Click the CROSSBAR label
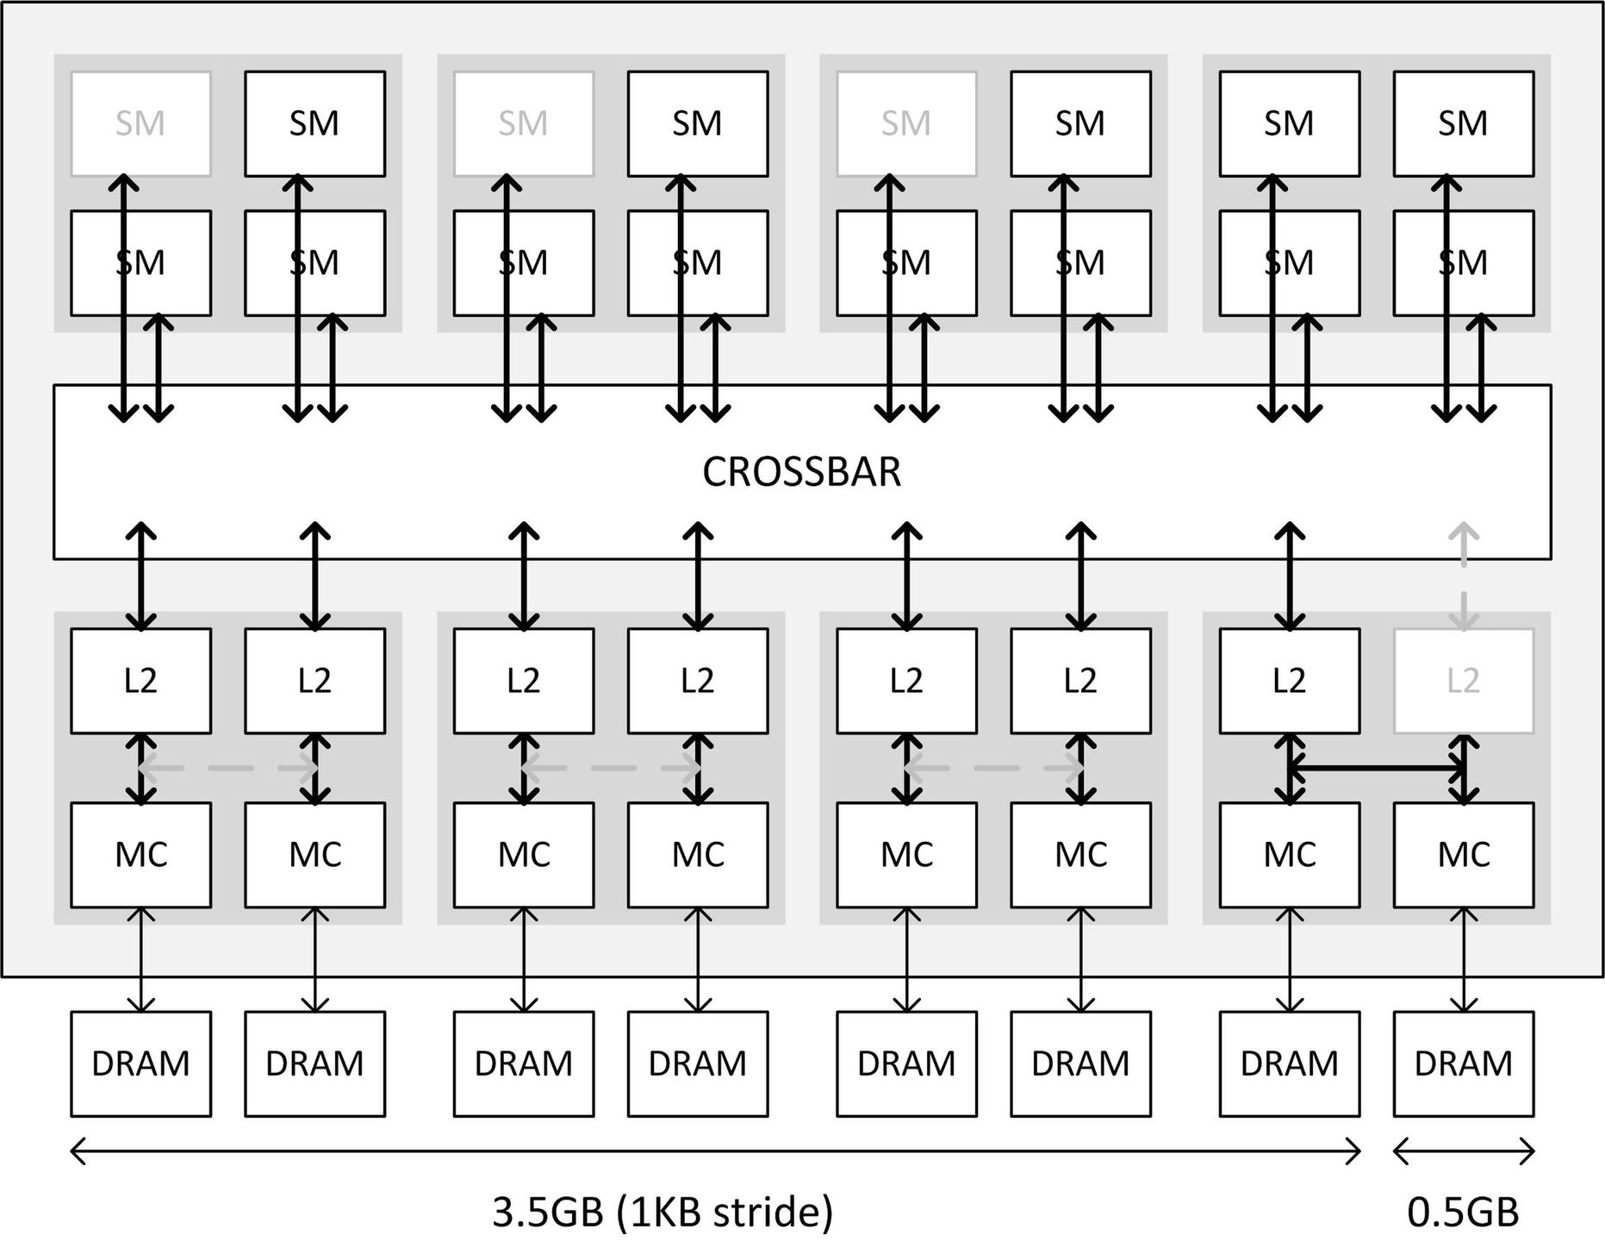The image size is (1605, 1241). click(801, 472)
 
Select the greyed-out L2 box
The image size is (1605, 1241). click(1463, 681)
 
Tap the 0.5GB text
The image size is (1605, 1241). click(1463, 1213)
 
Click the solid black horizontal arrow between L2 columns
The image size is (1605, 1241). click(1377, 767)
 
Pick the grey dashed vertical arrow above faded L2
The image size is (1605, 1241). click(1464, 576)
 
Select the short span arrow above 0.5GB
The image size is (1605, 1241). click(1463, 1151)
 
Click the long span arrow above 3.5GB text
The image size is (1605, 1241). click(715, 1151)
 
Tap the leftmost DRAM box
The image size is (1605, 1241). click(140, 1063)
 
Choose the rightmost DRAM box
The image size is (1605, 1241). click(1463, 1063)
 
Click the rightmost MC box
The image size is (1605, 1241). click(1463, 855)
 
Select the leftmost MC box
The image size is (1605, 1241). click(140, 855)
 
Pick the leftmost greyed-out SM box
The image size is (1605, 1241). click(140, 124)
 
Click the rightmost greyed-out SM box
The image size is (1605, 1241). click(906, 124)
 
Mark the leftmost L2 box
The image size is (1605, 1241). click(140, 681)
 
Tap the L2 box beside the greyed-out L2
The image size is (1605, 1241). click(1289, 681)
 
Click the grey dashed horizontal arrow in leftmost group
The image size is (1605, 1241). click(228, 768)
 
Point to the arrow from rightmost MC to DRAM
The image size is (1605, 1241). click(1464, 959)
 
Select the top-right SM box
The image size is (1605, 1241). click(1463, 124)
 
